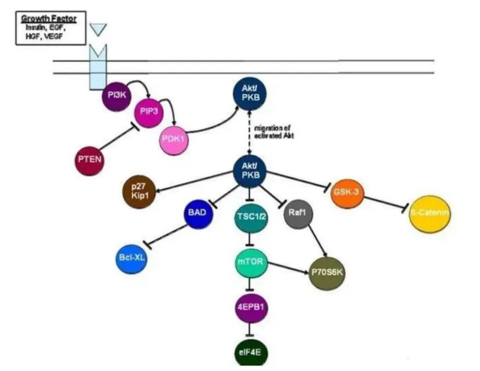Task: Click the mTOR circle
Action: [250, 263]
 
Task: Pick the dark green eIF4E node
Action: [250, 349]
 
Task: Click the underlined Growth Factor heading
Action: [49, 19]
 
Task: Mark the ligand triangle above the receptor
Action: [99, 29]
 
